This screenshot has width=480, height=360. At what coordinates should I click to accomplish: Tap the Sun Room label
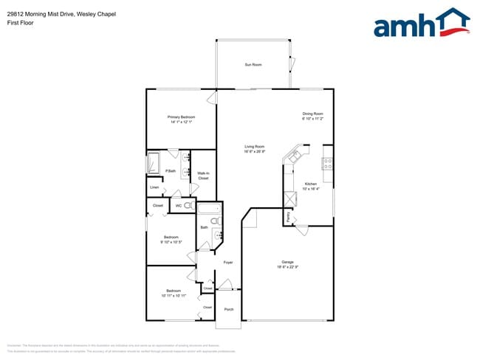253,65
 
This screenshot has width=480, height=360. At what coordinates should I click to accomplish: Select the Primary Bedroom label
180,117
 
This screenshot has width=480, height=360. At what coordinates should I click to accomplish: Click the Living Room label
254,146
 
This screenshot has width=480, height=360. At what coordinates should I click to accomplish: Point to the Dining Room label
313,113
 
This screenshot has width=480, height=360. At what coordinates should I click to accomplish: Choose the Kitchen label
311,184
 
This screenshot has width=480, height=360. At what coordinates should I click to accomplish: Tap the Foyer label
228,262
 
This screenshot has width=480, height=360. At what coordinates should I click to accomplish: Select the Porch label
228,309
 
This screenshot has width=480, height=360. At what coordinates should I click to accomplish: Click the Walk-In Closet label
203,176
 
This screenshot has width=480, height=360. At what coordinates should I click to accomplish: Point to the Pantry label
287,217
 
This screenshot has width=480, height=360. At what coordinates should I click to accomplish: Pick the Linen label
154,187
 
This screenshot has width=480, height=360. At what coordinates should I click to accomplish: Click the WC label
178,206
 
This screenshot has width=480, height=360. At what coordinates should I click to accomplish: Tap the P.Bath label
170,171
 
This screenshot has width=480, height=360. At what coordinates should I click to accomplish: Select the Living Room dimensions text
254,152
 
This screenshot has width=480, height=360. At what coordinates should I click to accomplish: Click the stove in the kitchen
326,163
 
